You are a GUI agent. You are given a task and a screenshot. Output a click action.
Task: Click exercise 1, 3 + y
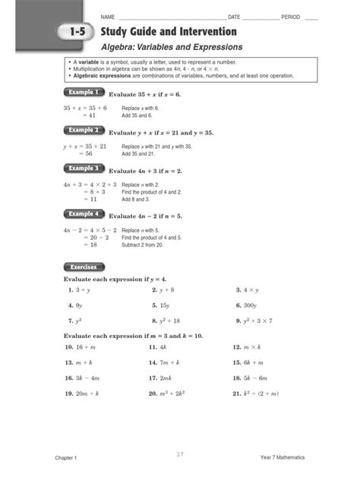[x=78, y=290]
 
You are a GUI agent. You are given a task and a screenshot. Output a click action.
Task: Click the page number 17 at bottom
[x=180, y=454]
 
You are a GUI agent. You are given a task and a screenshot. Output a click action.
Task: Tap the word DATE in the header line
[x=234, y=17]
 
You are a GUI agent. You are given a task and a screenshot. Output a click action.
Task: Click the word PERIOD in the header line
[x=291, y=17]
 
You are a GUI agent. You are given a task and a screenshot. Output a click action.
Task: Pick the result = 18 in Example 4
[x=89, y=245]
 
